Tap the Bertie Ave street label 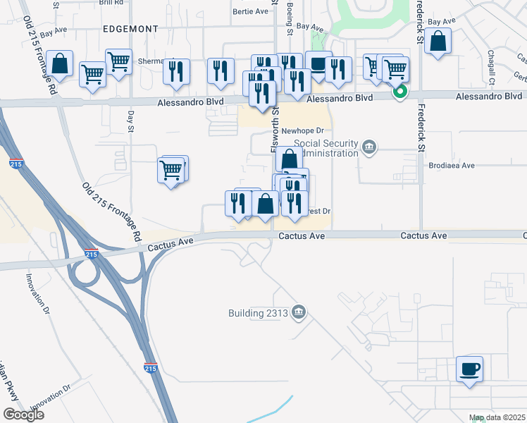pos(252,11)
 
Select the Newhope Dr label pos(302,130)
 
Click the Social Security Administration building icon pos(369,147)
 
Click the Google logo pos(23,415)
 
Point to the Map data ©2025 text pos(497,418)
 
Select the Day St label pos(131,124)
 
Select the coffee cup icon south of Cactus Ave pos(469,369)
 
